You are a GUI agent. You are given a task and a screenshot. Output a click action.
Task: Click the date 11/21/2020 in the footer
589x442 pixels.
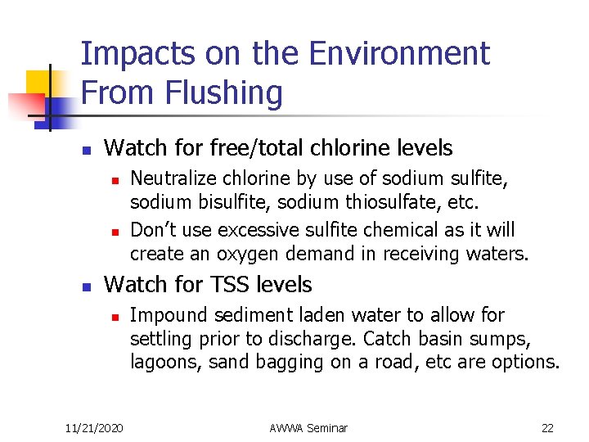click(95, 427)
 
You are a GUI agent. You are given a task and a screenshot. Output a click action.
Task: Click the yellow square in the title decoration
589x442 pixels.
click(41, 82)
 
